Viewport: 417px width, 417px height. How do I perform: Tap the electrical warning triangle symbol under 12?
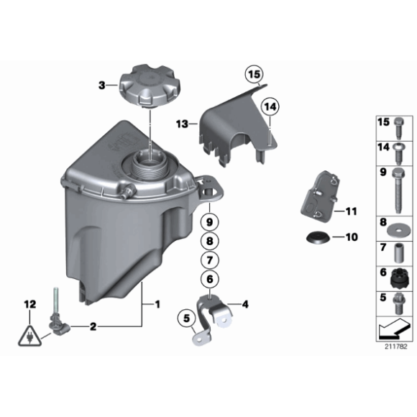tap(29, 335)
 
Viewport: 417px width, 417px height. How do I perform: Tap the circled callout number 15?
tap(253, 73)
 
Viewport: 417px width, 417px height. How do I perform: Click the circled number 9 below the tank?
tap(208, 221)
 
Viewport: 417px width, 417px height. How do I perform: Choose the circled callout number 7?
tap(208, 260)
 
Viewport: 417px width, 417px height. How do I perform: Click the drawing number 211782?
tap(395, 347)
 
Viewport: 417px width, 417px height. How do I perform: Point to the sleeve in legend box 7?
tap(398, 253)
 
